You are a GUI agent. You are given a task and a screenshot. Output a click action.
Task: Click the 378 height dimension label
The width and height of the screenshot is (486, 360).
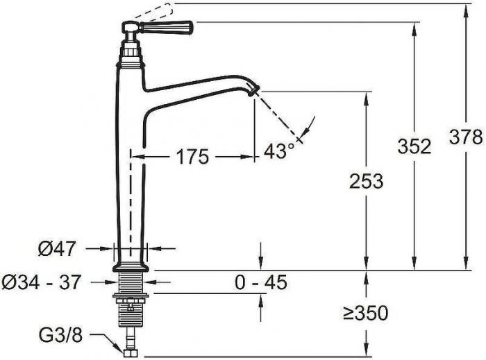[466, 137]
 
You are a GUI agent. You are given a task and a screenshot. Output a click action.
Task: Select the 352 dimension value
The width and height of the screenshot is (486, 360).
[414, 146]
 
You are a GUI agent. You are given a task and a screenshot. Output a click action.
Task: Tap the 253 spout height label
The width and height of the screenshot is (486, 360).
[367, 181]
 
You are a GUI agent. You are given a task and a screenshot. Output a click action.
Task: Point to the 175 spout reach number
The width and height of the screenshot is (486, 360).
[193, 157]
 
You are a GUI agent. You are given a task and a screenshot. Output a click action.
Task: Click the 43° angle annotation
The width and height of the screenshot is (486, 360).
[279, 151]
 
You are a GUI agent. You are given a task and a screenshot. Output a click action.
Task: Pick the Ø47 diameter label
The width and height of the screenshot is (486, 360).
[57, 248]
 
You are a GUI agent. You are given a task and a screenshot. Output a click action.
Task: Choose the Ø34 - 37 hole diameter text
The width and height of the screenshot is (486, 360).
[41, 282]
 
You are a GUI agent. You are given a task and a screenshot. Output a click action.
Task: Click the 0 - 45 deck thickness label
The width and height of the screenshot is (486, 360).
[261, 282]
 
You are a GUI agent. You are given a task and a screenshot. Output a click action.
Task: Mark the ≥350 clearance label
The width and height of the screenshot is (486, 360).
[366, 313]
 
